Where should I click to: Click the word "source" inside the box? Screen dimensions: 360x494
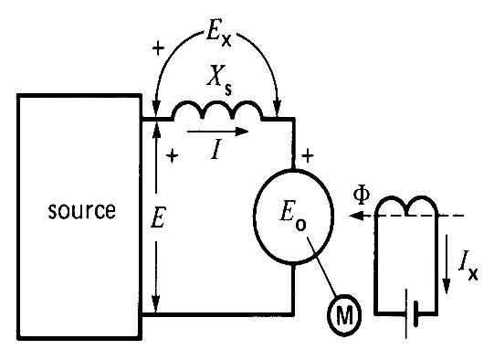(83, 212)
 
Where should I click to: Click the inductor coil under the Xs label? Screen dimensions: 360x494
(217, 112)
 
